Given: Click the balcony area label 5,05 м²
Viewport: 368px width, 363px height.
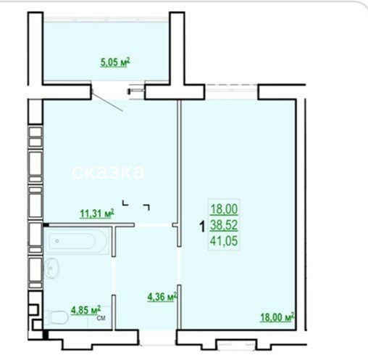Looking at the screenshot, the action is tap(115, 62).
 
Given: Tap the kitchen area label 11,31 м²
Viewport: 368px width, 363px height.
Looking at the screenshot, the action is tap(96, 213).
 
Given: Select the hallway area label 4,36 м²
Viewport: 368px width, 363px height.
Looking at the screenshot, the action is tap(162, 297).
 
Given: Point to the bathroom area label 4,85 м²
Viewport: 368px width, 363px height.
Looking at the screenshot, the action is tap(85, 310).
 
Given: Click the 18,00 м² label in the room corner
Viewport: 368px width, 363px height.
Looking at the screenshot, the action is tap(277, 317).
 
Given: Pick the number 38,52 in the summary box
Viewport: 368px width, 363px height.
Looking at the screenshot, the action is tap(224, 225).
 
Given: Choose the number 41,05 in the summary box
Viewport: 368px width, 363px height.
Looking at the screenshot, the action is tap(224, 241).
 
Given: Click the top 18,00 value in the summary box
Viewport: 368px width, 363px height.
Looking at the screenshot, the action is tap(224, 209).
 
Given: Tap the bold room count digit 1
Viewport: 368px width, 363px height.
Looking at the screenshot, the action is tap(202, 227).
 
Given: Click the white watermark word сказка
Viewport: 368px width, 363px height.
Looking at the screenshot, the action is tap(108, 171).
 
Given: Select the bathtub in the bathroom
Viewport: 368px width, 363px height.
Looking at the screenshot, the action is tap(77, 241).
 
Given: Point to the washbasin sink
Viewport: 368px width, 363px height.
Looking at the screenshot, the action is tap(51, 268).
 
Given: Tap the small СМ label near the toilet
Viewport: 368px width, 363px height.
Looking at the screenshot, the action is tap(101, 318).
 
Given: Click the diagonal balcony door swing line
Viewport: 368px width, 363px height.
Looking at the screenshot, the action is tap(107, 102).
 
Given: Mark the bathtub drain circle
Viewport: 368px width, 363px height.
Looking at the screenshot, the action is tap(57, 241).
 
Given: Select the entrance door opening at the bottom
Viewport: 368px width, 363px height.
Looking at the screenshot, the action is tap(158, 338).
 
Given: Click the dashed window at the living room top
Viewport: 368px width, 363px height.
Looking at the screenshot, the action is tap(232, 85).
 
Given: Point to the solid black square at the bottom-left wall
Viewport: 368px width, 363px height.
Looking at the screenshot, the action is tap(46, 335).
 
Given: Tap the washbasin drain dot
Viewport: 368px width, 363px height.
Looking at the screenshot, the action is tap(50, 268).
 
